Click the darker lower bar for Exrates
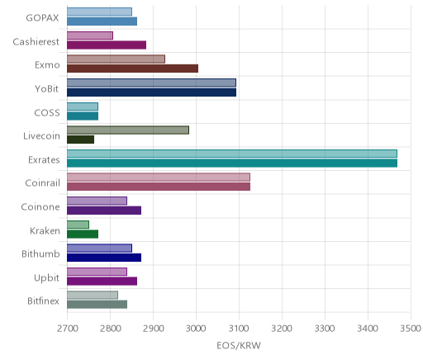[x=232, y=163]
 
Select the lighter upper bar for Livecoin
[x=128, y=130]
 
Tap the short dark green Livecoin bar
[x=81, y=140]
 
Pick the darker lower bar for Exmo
[x=133, y=69]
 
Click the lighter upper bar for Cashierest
[x=90, y=36]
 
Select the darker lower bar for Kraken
[x=83, y=234]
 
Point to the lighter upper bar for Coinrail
[x=159, y=178]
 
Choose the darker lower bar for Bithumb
[x=104, y=258]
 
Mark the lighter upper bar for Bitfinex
[x=93, y=295]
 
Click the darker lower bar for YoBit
[x=152, y=92]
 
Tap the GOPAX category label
[x=42, y=18]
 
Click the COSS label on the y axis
[x=47, y=112]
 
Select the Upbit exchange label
[x=46, y=277]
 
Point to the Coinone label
[x=40, y=206]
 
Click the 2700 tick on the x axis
[x=68, y=329]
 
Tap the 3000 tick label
[x=196, y=329]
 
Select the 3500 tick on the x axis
[x=411, y=329]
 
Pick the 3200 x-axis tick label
[x=282, y=329]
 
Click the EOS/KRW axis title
[x=239, y=345]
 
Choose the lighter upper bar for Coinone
[x=97, y=201]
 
